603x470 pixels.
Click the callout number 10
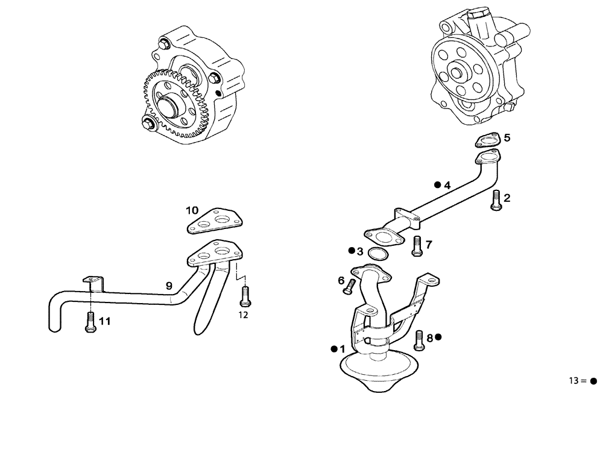[192, 210]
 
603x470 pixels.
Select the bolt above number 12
[244, 295]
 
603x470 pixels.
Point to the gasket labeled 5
[488, 141]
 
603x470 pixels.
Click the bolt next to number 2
[495, 200]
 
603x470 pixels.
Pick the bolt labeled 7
[416, 246]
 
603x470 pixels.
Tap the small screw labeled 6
[349, 288]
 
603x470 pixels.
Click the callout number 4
[447, 186]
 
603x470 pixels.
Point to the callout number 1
[343, 349]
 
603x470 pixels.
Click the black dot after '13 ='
[593, 381]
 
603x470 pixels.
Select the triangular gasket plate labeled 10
[214, 221]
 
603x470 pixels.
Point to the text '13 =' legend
[577, 381]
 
